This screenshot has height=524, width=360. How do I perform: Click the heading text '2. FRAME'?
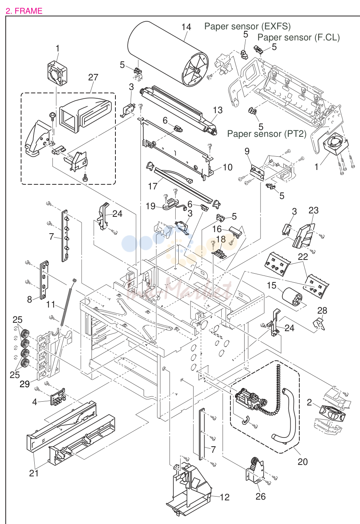pos(24,11)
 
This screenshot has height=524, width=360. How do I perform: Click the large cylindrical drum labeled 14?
pos(168,54)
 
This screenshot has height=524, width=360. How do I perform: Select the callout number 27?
pos(93,77)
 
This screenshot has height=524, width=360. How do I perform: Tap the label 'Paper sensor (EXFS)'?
pos(248,26)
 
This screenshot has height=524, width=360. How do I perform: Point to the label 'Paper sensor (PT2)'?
pos(267,134)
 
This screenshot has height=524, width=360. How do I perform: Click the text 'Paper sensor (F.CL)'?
pos(299,37)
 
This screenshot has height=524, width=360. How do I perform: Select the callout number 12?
pos(224,497)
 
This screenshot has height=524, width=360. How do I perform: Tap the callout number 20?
pos(302,462)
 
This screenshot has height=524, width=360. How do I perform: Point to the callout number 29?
pos(24,384)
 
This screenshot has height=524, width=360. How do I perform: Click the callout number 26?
pos(261,497)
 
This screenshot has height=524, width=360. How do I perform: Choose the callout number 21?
pos(34,473)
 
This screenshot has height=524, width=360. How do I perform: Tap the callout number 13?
pos(218,110)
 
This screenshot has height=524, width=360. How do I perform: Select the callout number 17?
pos(153,186)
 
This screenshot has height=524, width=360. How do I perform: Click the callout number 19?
pos(150,206)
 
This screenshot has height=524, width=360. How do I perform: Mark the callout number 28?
pos(322,311)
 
